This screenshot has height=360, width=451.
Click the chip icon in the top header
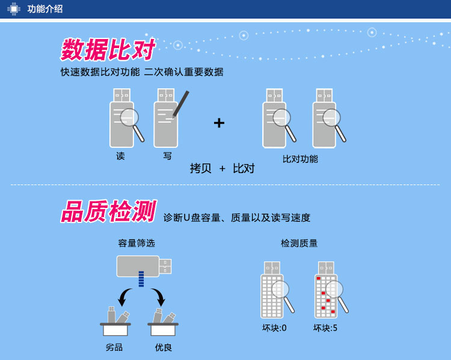coord(13,8)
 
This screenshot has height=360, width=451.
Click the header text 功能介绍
coord(45,9)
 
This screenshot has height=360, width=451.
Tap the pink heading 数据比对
coord(108,50)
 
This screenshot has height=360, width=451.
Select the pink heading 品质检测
coord(109,212)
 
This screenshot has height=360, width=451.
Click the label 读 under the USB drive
coord(120,156)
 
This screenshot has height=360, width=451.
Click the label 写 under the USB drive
coord(167,156)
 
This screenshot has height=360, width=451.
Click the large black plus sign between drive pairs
coord(219,123)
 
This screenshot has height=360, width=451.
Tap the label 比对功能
coord(300,159)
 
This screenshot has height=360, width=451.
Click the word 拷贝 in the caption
coord(201,169)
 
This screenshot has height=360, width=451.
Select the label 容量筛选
coord(137,243)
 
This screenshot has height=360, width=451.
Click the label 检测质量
coord(299,243)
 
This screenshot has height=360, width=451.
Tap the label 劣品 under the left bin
coord(114,347)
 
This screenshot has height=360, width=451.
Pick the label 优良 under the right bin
coord(164,347)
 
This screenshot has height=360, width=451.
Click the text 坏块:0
coord(274,328)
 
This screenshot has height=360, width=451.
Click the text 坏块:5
coord(325,328)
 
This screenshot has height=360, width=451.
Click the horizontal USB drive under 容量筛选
coord(143,266)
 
